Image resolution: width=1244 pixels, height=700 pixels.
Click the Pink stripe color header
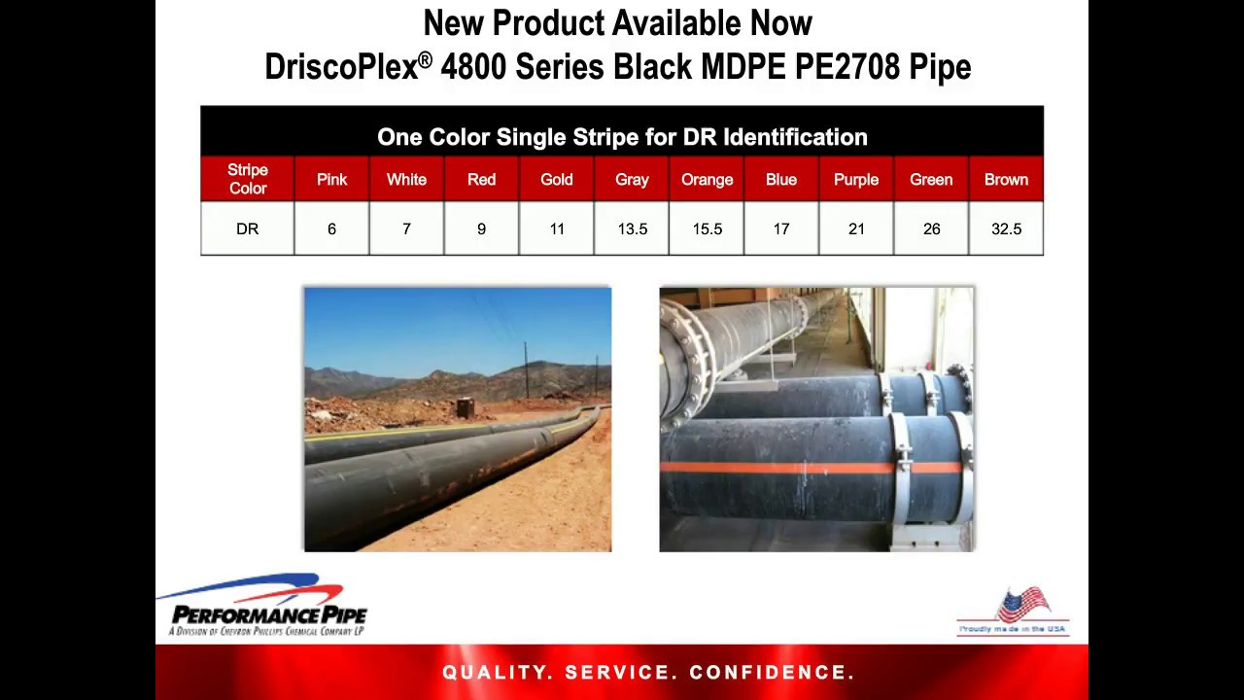click(x=331, y=179)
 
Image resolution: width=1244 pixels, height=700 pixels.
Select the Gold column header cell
click(x=556, y=179)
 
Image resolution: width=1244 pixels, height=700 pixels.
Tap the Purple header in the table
click(x=855, y=179)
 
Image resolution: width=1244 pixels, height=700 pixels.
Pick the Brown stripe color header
click(x=1006, y=179)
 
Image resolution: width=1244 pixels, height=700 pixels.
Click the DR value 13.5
click(x=632, y=229)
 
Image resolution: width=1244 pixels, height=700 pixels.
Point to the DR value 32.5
click(x=1006, y=229)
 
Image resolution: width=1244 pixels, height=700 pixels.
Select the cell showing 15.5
click(x=707, y=229)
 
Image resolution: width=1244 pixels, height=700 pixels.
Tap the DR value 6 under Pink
click(x=331, y=229)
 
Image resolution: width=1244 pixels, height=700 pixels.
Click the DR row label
click(x=247, y=229)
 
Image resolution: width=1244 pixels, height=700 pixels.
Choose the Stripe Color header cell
click(x=247, y=179)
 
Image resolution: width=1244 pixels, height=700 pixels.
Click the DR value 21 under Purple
click(x=855, y=229)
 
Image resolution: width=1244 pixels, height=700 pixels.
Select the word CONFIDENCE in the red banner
click(x=772, y=673)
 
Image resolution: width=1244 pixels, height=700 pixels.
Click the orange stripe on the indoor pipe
click(x=777, y=468)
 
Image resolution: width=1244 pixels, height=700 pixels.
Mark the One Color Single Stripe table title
click(x=622, y=137)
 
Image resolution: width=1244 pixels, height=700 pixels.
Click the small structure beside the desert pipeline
click(x=465, y=408)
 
